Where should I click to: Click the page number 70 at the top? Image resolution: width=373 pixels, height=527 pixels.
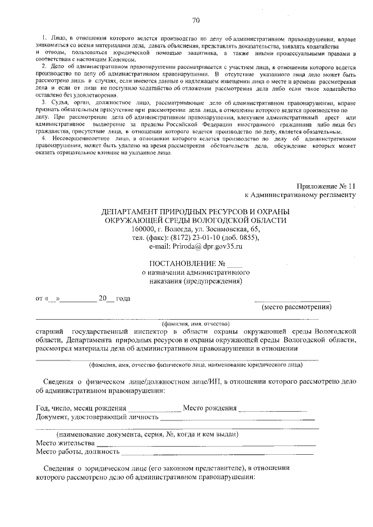point(196,21)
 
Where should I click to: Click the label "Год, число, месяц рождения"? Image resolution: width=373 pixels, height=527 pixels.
point(80,408)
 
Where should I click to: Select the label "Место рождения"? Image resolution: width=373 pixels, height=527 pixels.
point(209,408)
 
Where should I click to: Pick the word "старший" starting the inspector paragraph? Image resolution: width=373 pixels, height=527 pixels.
point(51,331)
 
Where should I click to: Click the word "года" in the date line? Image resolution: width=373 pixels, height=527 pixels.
point(123,299)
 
